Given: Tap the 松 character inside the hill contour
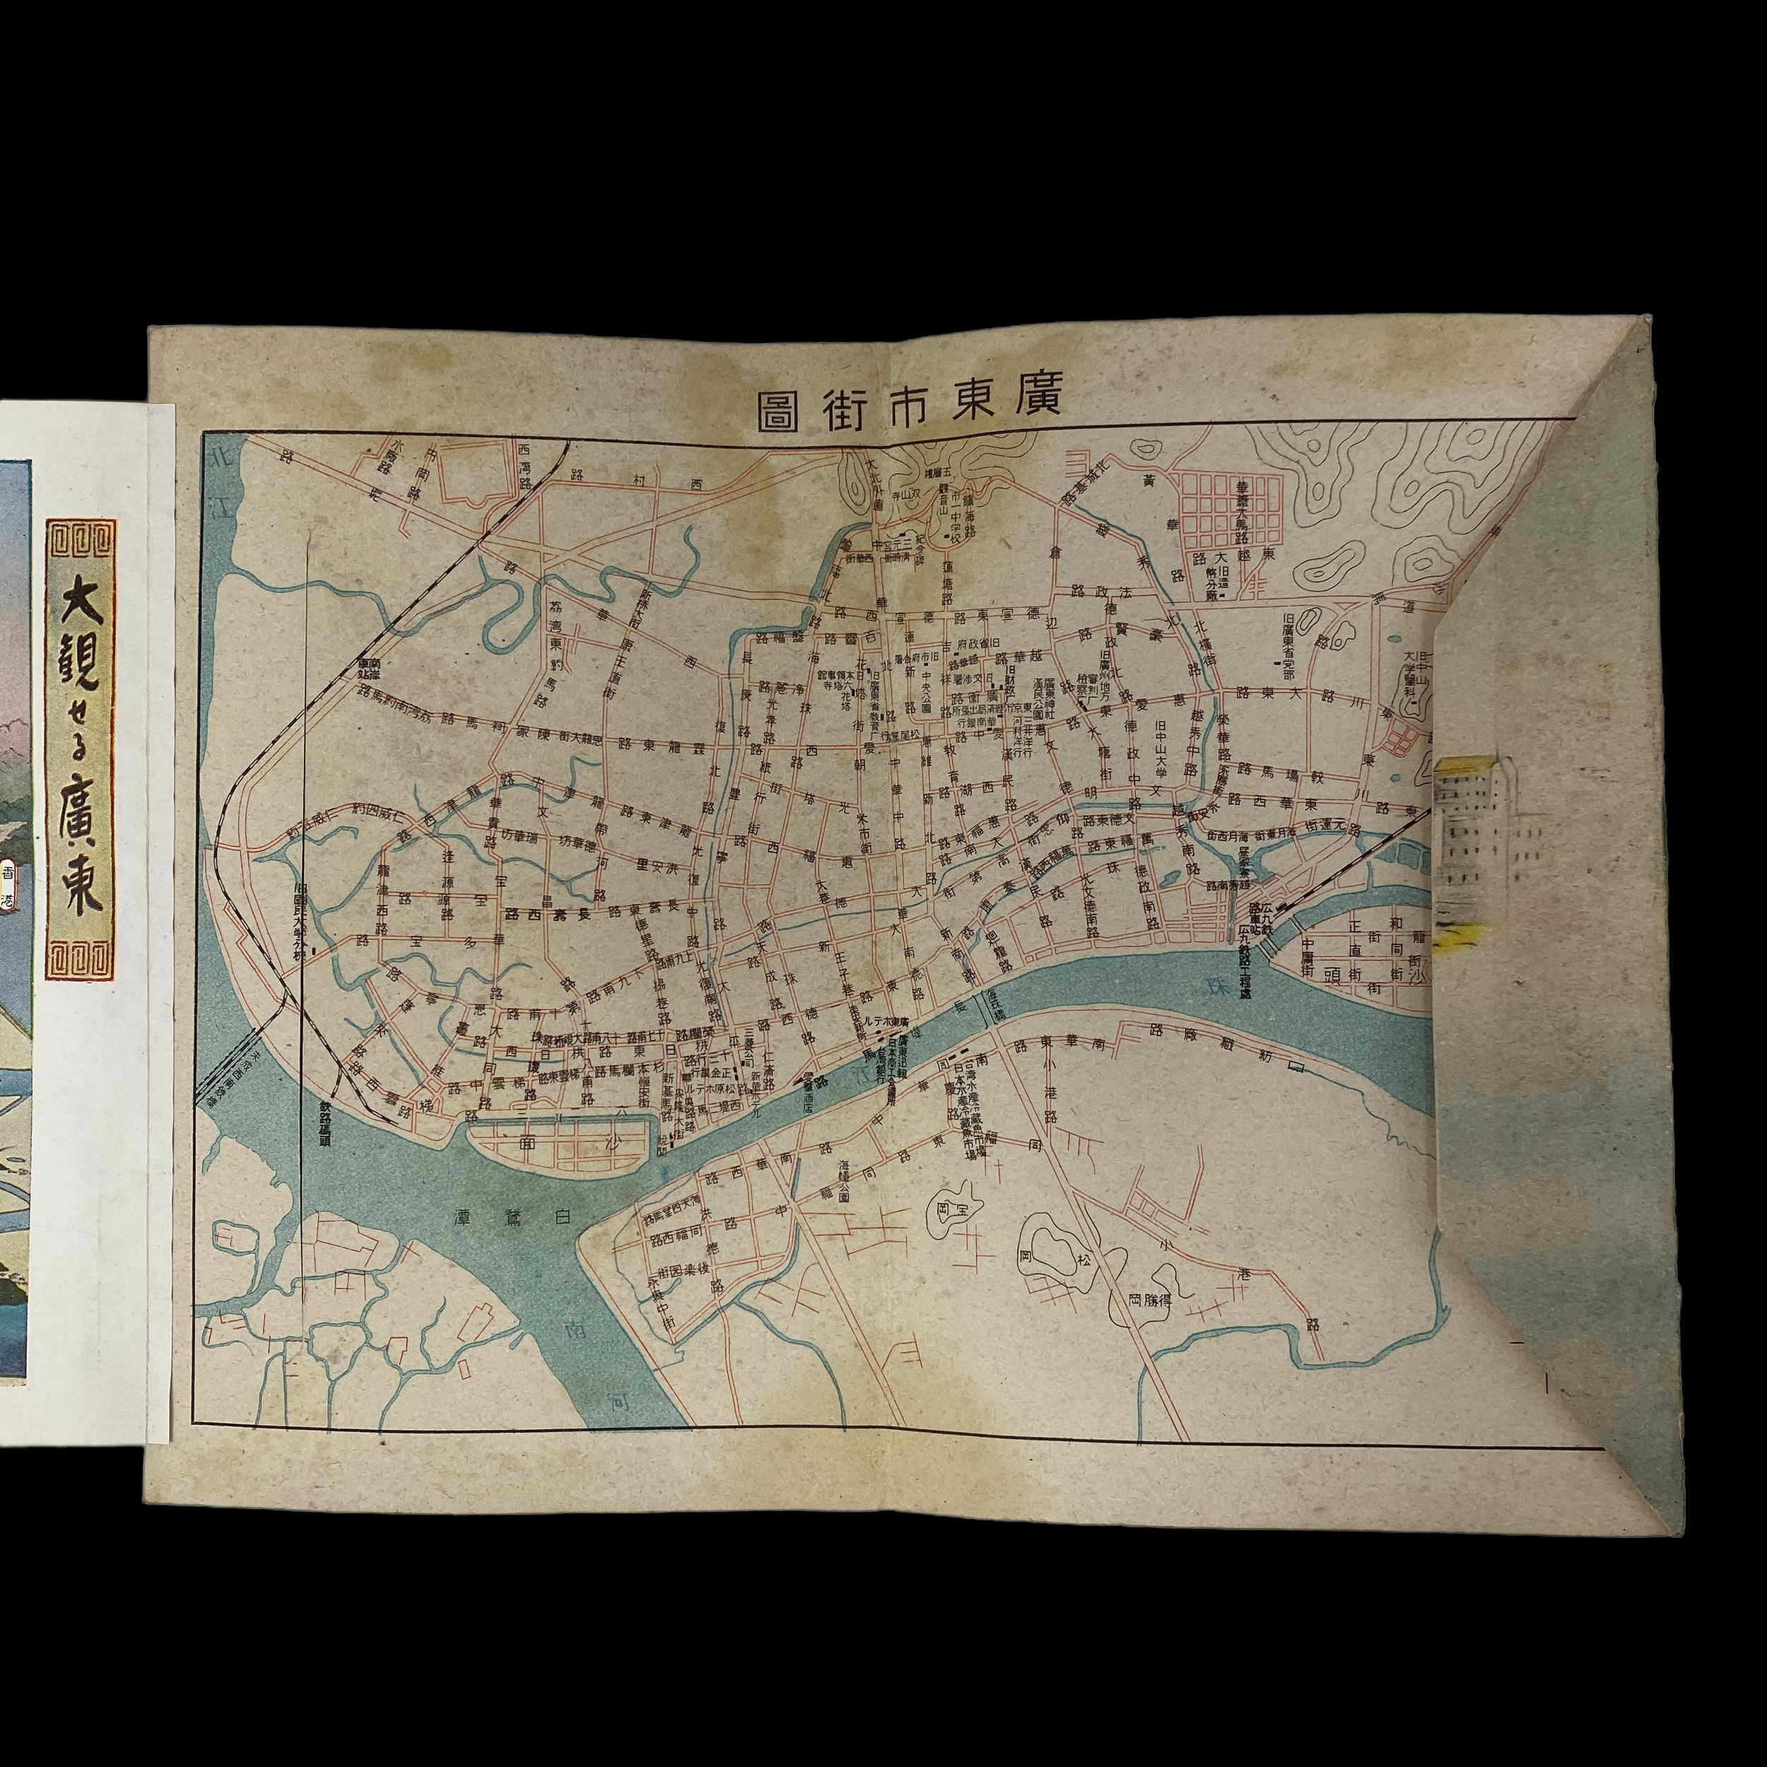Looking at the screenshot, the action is (x=1083, y=1260).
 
